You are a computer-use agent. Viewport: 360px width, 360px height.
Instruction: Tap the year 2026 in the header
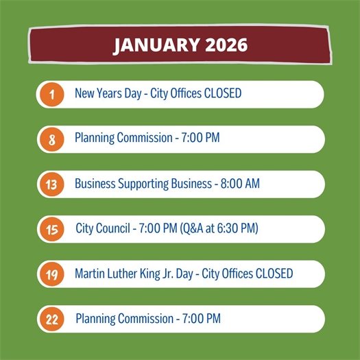(224, 45)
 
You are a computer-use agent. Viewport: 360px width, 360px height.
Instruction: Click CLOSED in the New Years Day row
(223, 94)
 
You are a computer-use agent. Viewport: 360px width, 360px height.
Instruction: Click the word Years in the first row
(117, 94)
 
